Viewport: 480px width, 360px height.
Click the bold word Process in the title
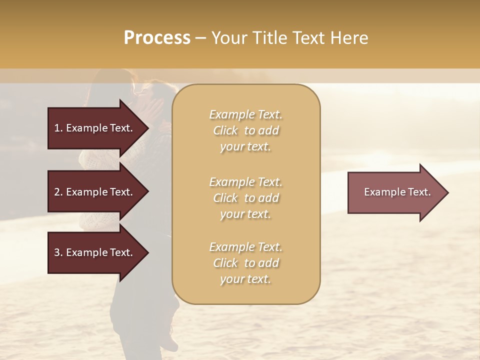coord(157,38)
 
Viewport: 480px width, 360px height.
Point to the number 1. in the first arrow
coord(58,128)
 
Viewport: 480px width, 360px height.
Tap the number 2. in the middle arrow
coord(58,192)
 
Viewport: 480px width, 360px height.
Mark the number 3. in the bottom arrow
coord(58,252)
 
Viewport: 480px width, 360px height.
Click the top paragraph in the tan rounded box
coord(245,130)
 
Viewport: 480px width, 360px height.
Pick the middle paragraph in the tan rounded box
coord(245,198)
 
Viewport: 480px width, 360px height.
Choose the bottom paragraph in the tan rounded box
coord(245,263)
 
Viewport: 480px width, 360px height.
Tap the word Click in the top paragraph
coord(225,130)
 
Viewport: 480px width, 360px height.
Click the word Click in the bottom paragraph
coord(225,263)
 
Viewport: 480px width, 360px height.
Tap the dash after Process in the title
coord(200,38)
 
